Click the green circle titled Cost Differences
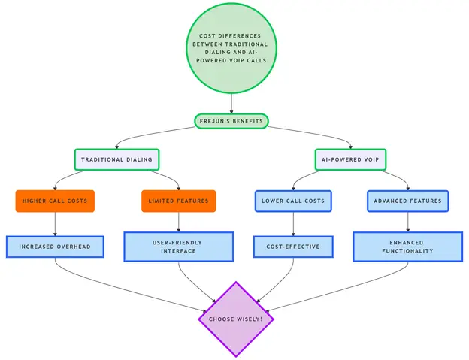[x=231, y=48]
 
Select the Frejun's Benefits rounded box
[x=231, y=121]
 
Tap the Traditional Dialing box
[x=116, y=159]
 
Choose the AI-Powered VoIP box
[x=350, y=159]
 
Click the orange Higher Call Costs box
[x=55, y=201]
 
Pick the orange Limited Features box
[x=179, y=201]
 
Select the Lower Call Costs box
[x=293, y=201]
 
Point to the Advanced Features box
[x=407, y=201]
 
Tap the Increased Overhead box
[x=55, y=247]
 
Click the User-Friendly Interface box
[x=179, y=247]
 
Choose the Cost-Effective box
[x=293, y=247]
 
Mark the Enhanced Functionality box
[x=407, y=247]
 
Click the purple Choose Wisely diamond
[x=236, y=319]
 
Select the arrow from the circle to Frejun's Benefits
[x=231, y=104]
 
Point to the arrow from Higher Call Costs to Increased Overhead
[x=55, y=224]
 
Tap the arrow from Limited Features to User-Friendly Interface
[x=179, y=222]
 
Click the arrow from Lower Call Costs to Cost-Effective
[x=293, y=224]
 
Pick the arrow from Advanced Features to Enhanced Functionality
[x=407, y=222]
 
